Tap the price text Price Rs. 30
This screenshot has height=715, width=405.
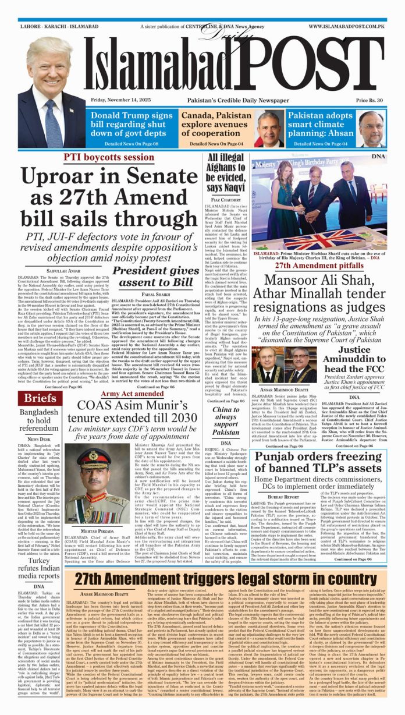pos(367,101)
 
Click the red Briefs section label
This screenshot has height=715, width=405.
pos(40,398)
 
